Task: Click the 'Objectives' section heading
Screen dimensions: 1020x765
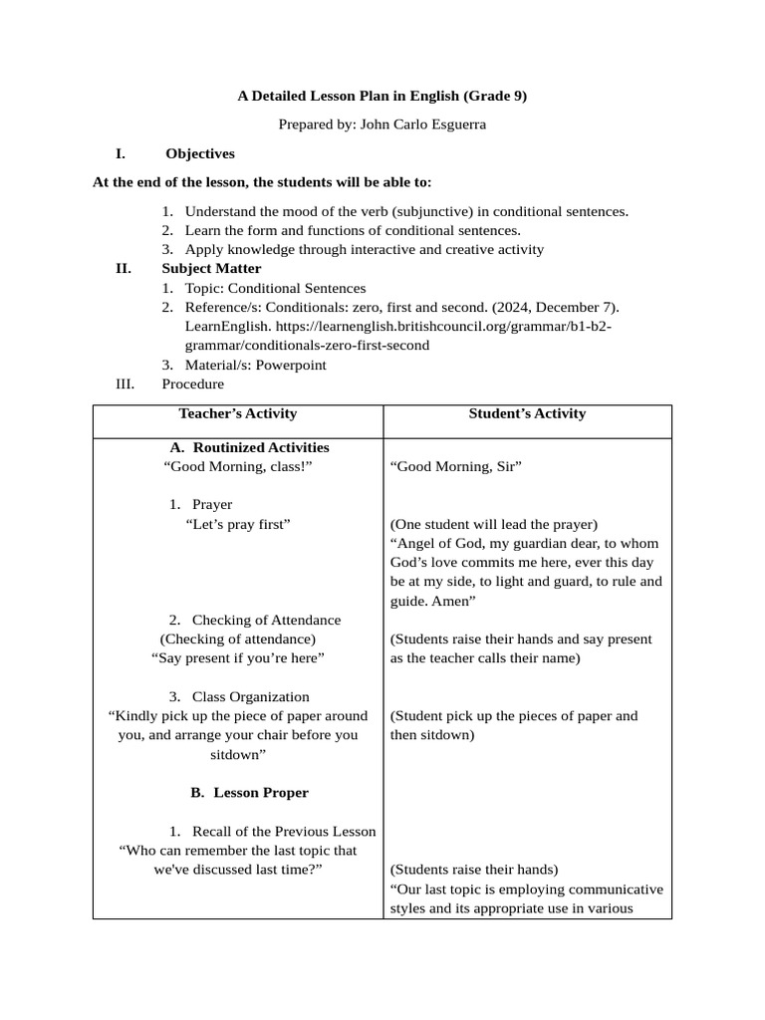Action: pos(200,153)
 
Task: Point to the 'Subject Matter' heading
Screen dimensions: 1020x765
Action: pos(211,268)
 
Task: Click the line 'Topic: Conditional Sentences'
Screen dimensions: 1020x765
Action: pos(275,288)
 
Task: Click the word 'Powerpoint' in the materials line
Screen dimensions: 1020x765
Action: pos(291,365)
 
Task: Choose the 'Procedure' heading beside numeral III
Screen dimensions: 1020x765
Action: pos(192,383)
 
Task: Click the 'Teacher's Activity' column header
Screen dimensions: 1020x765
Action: pos(238,413)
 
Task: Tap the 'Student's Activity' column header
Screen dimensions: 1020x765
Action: pos(527,413)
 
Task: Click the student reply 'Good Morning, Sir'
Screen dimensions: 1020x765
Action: pos(456,467)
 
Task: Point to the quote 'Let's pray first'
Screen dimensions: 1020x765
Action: pos(238,524)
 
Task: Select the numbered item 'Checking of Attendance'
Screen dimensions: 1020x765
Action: pos(266,620)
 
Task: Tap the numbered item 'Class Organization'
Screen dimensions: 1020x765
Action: pos(250,696)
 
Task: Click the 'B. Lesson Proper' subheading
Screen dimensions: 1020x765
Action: pos(249,792)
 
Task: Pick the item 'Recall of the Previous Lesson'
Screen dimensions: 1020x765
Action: pos(284,831)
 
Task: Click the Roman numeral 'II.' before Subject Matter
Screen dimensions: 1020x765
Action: pos(124,268)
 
